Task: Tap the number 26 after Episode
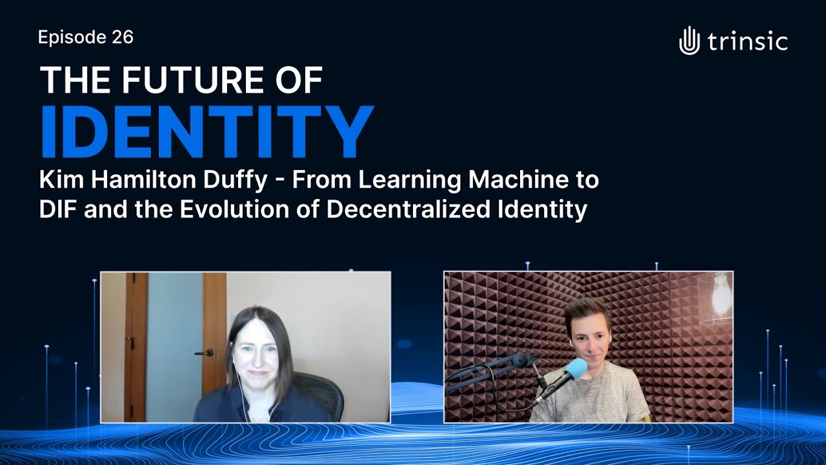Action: (x=122, y=37)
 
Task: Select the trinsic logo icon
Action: (x=689, y=40)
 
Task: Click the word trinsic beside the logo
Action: (x=747, y=42)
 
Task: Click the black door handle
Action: (x=206, y=353)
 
